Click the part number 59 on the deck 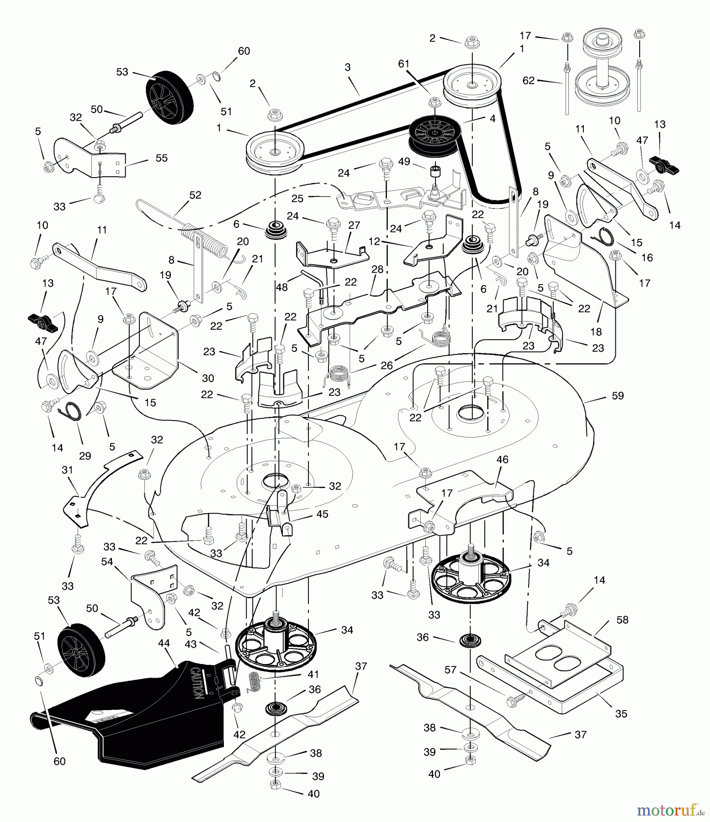point(617,395)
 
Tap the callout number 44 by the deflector point(164,643)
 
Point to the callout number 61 point(403,64)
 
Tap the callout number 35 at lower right point(621,713)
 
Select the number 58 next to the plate point(622,620)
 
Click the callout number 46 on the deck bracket point(502,459)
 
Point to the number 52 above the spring point(195,195)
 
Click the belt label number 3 point(348,67)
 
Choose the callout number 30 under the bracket point(208,378)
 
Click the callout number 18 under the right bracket point(596,332)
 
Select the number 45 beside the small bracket point(322,514)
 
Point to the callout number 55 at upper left point(161,158)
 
